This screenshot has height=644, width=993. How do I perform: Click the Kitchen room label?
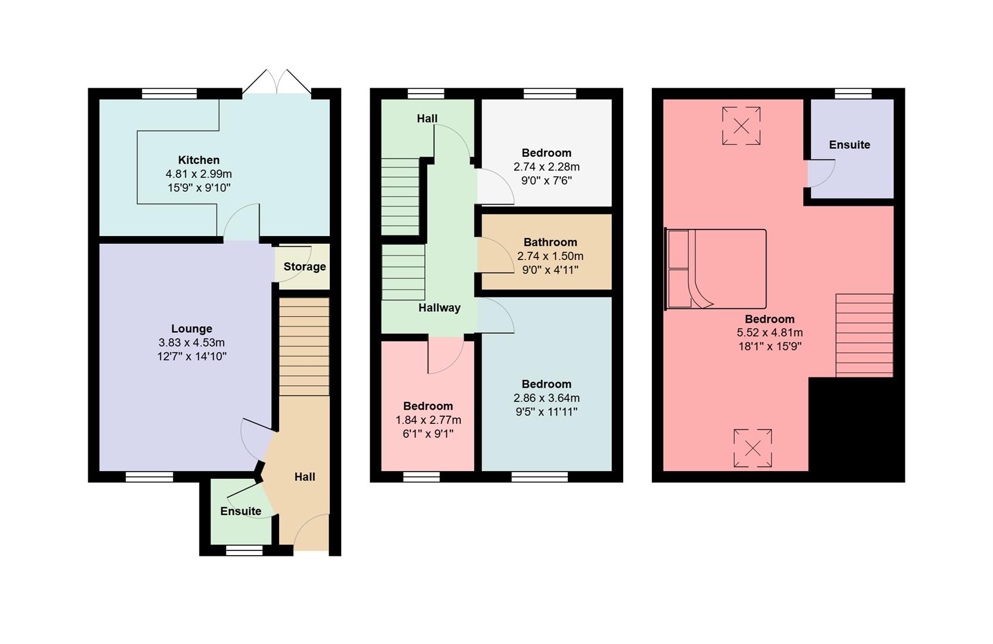coord(199,160)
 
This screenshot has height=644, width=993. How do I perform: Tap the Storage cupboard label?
coord(304,267)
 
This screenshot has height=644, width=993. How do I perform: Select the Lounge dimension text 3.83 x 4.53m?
coord(191,343)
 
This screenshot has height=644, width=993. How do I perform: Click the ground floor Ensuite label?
coord(240,511)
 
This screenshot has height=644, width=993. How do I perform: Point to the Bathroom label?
coord(550,242)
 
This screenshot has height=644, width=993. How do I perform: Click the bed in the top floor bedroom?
coord(716,269)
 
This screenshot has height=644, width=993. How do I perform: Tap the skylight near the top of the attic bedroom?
coord(741,126)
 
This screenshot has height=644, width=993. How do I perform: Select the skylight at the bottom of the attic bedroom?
coord(753,448)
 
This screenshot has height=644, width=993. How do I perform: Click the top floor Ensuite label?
coord(849,145)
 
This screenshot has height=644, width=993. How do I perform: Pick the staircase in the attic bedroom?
coord(864,335)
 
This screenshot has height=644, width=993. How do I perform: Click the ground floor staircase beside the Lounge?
coord(304,346)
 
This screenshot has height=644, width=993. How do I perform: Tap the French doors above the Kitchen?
coord(277,83)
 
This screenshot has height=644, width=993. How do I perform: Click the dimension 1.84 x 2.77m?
coord(428,420)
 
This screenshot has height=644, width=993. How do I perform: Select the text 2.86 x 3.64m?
coord(546,398)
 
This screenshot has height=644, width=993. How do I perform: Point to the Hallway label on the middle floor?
coord(439,308)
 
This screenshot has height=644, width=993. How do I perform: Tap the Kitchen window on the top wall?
coord(169,94)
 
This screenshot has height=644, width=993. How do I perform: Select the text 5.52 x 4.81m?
coord(769,333)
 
